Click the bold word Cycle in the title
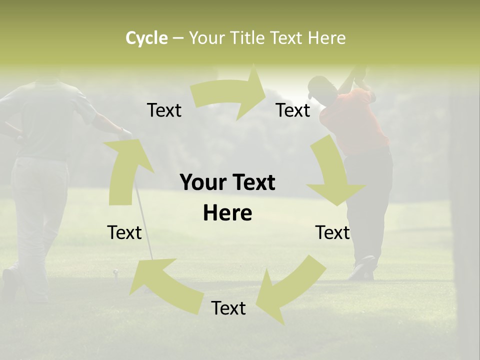point(146,38)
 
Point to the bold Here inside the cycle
point(227,213)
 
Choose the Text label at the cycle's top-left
point(164,110)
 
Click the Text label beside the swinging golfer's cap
point(293,110)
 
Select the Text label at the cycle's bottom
point(228,308)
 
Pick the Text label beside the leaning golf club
point(124,232)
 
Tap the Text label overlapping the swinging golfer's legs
point(332,232)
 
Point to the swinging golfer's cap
point(315,87)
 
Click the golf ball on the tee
point(115,272)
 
